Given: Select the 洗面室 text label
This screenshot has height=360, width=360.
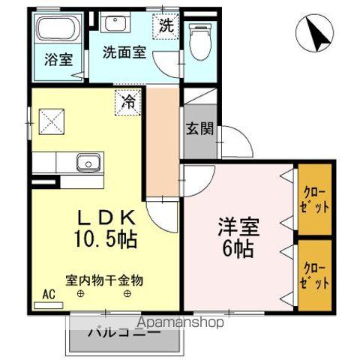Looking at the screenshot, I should pyautogui.click(x=125, y=56).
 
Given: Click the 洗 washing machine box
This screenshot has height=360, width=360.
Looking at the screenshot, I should pyautogui.click(x=166, y=25).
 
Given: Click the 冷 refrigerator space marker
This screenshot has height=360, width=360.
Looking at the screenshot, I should pyautogui.click(x=129, y=101).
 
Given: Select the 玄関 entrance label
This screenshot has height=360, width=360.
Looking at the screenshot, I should pyautogui.click(x=199, y=129).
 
